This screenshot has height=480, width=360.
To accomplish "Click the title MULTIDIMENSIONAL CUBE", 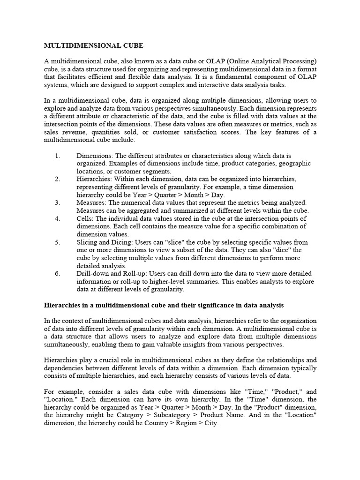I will (93, 46).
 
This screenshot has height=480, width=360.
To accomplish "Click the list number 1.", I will (58, 156).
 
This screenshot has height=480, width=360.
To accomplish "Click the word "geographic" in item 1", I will (293, 164).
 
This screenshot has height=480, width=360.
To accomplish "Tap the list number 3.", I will (58, 202).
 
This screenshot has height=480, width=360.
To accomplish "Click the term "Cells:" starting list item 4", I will (86, 218).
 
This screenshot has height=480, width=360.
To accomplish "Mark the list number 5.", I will (58, 242).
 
